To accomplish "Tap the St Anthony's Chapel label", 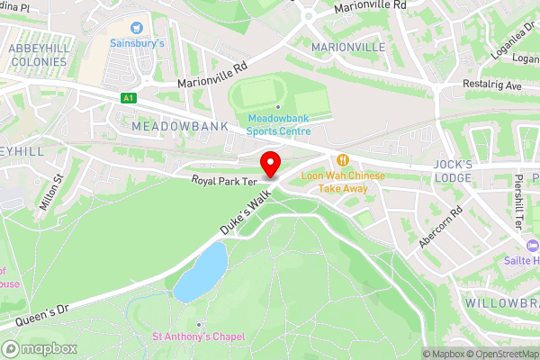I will (x=198, y=337).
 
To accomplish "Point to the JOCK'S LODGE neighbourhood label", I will (x=452, y=171).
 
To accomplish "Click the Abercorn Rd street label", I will (x=440, y=228).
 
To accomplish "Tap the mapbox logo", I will (x=40, y=348).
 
